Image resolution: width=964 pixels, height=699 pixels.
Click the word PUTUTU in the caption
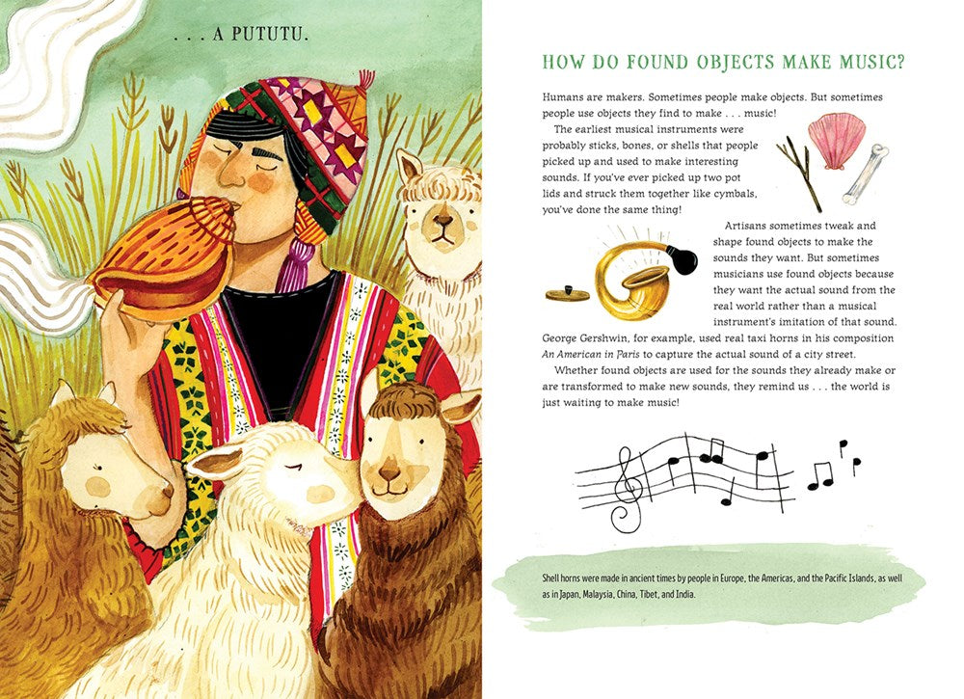(269, 35)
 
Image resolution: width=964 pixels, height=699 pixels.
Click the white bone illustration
(867, 175)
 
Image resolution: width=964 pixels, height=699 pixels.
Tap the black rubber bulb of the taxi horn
(682, 259)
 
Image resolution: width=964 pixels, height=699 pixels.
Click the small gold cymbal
(567, 294)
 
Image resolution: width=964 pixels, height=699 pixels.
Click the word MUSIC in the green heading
(868, 62)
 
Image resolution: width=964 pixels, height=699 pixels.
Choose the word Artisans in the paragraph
(746, 226)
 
